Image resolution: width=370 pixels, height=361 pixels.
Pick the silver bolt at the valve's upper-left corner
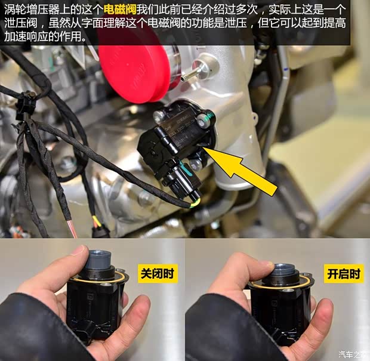click(158, 115)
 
